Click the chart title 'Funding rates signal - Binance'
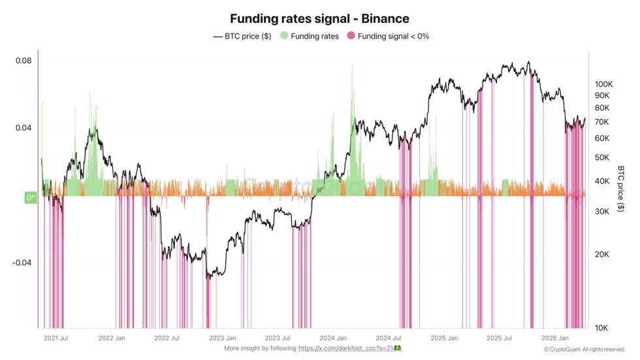click(x=319, y=19)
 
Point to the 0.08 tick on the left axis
click(x=24, y=61)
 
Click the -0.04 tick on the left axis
click(x=22, y=263)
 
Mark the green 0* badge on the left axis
click(x=30, y=197)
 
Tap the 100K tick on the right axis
click(x=603, y=84)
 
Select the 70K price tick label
click(x=601, y=122)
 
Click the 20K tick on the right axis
click(x=601, y=254)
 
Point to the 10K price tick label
click(x=601, y=327)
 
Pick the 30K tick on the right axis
click(x=601, y=211)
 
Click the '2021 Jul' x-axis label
click(x=56, y=338)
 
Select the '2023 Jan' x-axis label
click(x=223, y=338)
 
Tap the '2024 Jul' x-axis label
click(x=389, y=338)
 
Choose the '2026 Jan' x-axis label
click(x=556, y=338)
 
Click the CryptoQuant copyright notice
click(x=584, y=350)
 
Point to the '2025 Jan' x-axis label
click(x=445, y=338)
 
